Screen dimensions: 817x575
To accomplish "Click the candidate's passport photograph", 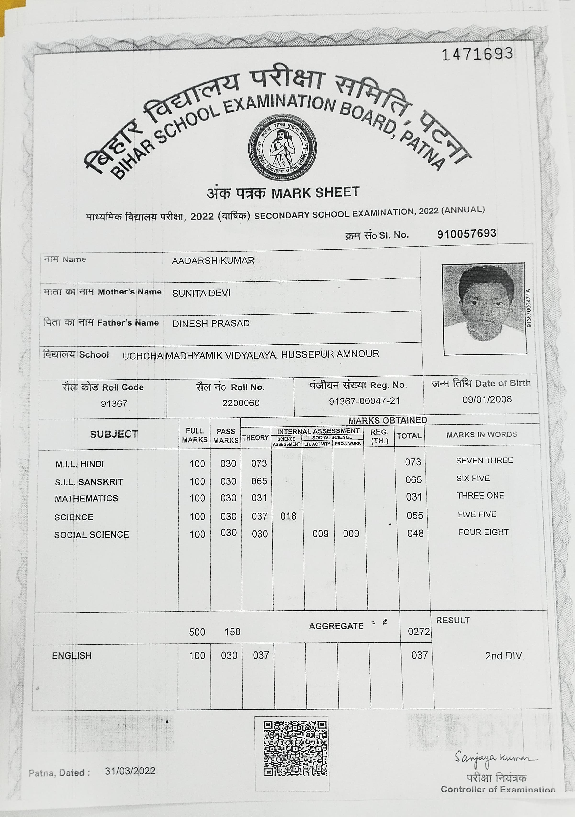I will click(x=484, y=309).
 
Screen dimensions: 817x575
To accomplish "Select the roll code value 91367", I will click(x=114, y=403).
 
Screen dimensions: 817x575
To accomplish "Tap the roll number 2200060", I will click(x=241, y=403).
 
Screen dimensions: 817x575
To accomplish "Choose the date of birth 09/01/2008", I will click(x=487, y=399).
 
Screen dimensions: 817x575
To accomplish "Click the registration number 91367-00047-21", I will click(x=364, y=401).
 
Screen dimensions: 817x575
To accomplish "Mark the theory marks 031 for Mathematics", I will click(x=259, y=498).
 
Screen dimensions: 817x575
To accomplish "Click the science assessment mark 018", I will click(x=288, y=516).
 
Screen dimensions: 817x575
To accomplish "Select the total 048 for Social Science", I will click(x=415, y=534).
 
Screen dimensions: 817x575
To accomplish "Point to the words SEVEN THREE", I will click(x=484, y=460).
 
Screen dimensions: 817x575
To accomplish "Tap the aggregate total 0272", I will click(x=419, y=631).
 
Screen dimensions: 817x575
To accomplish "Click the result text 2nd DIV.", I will click(x=505, y=656).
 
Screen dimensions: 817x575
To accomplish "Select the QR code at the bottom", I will click(x=295, y=748).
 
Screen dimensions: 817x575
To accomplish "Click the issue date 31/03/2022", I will click(x=130, y=771).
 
